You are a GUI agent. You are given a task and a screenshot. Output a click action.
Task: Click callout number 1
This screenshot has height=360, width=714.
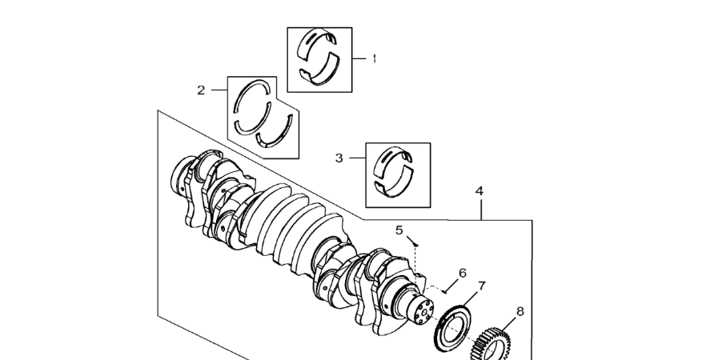pos(374,58)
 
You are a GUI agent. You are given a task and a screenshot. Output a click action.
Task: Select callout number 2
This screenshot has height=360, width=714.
pos(202,90)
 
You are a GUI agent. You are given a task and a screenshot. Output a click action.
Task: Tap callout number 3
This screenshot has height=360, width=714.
pos(339,158)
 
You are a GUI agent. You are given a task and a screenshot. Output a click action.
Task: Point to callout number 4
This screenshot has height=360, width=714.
pos(479,191)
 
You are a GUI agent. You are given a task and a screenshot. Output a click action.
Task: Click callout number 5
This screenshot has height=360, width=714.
pos(399,230)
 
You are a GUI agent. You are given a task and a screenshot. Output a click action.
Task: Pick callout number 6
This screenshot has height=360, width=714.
pos(462,273)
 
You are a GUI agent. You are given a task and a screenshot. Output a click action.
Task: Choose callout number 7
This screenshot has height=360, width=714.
pos(482,286)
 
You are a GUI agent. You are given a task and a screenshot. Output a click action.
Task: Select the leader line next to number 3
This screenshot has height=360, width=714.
pos(356,158)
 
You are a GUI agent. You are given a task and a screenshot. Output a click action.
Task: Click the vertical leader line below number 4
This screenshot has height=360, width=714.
pos(480,209)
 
